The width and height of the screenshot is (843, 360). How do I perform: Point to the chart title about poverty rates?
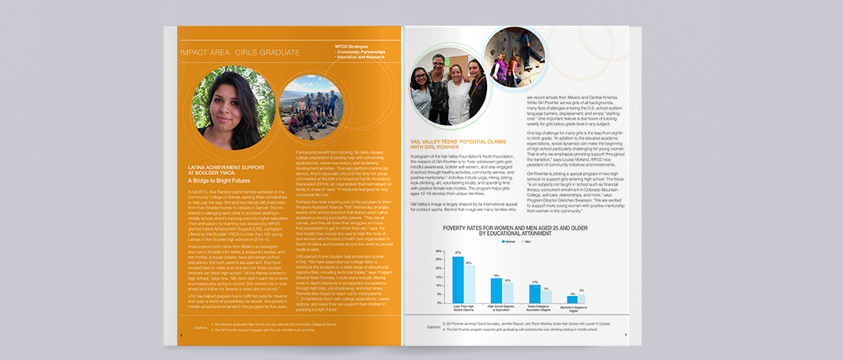coord(519,230)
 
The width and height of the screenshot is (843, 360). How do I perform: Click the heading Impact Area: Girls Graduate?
coord(239,53)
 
